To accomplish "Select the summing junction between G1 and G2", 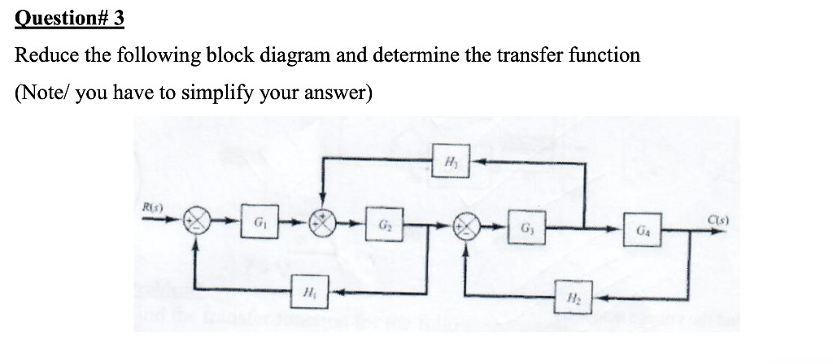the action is tap(325, 222).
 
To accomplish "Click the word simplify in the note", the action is tap(218, 92).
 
